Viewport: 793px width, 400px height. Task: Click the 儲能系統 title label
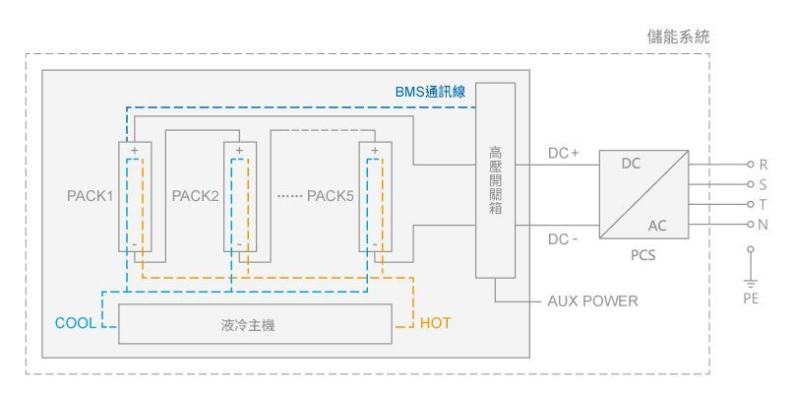pos(678,36)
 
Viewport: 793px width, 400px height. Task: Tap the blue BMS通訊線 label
pos(430,92)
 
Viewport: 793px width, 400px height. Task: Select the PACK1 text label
pos(90,195)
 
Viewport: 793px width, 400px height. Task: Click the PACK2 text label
pos(195,195)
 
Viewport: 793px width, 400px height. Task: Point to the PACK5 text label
pos(331,195)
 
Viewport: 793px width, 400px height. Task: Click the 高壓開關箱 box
pos(495,180)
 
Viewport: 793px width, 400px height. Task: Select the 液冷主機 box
pos(255,324)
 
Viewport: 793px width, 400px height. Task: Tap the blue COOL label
pos(76,323)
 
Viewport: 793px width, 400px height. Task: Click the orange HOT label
pos(435,323)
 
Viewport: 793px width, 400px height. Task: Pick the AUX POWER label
pos(592,301)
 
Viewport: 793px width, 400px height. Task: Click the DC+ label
pos(564,153)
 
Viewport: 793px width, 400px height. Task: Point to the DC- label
pos(563,239)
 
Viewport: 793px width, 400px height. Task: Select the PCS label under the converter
pos(642,255)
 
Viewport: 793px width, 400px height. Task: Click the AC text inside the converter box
pos(657,226)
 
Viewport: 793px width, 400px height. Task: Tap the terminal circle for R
pos(751,165)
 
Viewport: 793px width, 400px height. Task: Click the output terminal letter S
pos(762,184)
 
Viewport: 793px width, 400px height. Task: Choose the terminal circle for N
pos(751,225)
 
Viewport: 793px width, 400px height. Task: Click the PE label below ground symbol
pos(751,299)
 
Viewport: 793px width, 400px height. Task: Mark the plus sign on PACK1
pos(134,151)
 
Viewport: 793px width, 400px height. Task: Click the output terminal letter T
pos(762,205)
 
